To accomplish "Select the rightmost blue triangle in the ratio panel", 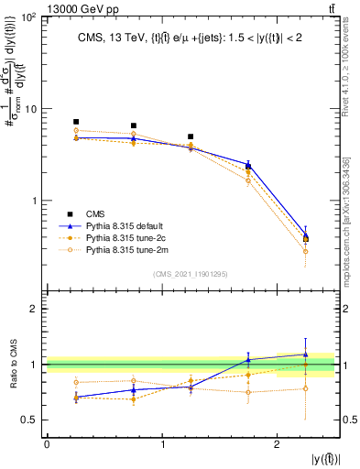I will (306, 354).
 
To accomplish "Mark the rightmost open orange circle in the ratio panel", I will (306, 388).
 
